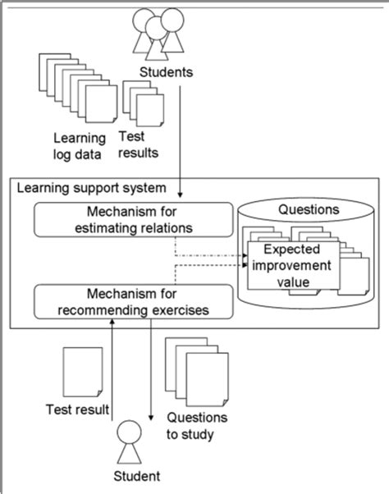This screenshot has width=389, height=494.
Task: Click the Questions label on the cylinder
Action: pyautogui.click(x=302, y=209)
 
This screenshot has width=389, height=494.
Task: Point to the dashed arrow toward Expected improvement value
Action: pyautogui.click(x=212, y=256)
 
